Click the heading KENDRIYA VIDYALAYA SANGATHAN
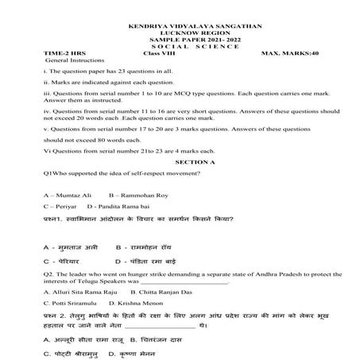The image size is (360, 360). point(182,26)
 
